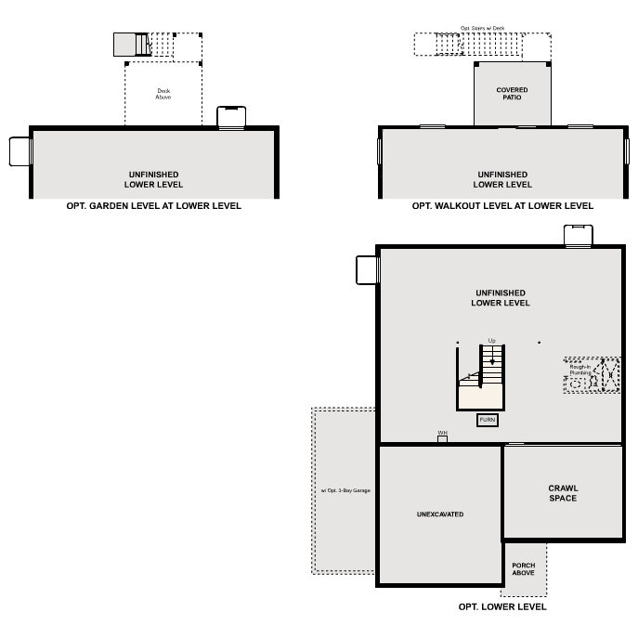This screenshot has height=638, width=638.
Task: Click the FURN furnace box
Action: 488,420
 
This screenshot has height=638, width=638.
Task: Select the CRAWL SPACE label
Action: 562,493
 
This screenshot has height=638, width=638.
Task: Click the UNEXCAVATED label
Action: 440,514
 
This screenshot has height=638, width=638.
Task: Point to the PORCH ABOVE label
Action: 524,569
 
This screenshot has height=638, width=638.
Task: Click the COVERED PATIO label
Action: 512,94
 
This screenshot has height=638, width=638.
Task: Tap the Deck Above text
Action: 163,94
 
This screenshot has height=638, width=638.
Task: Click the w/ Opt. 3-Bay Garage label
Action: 345,489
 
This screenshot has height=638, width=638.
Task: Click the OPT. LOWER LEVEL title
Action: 502,606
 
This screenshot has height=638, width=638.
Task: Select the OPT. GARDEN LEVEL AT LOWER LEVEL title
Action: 153,206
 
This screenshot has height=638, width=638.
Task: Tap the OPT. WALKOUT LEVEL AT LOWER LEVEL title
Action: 502,206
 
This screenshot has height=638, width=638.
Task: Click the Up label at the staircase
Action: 492,340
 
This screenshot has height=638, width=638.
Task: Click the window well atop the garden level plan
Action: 231,117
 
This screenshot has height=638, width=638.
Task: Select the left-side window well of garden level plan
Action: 20,151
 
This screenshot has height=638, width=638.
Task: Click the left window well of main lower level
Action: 367,269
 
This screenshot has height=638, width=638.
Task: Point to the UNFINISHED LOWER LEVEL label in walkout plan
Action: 502,179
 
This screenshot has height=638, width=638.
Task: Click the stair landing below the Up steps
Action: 480,397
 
